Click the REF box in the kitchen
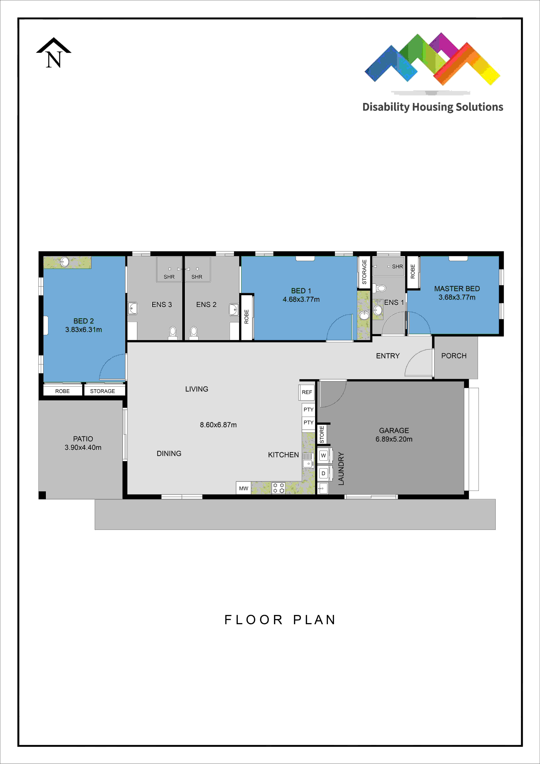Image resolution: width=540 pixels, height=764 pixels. click(x=307, y=392)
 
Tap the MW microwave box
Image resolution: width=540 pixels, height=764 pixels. click(x=244, y=488)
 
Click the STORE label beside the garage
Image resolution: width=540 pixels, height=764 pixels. click(x=322, y=434)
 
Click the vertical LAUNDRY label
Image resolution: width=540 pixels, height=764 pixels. click(x=341, y=469)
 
